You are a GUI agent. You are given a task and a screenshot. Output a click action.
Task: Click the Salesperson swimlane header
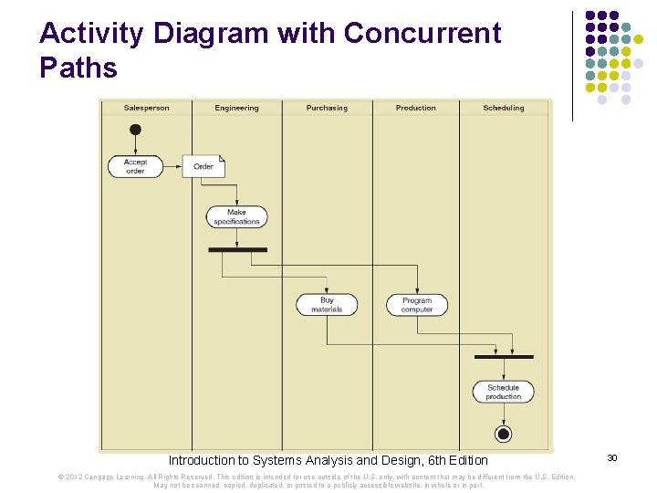pyautogui.click(x=146, y=108)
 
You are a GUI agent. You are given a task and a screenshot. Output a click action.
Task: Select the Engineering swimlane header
pyautogui.click(x=236, y=108)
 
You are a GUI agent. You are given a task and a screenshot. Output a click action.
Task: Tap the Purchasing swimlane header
pyautogui.click(x=327, y=108)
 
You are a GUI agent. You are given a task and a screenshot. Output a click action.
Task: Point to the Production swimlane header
pyautogui.click(x=416, y=108)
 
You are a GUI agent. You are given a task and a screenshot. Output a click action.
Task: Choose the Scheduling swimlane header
pyautogui.click(x=504, y=108)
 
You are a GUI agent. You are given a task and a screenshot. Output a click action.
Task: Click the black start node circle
pyautogui.click(x=135, y=130)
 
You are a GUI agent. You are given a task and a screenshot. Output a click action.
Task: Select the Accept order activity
pyautogui.click(x=135, y=166)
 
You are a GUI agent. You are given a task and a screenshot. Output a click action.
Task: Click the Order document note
pyautogui.click(x=203, y=166)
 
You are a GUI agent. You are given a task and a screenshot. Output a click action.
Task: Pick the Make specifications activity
pyautogui.click(x=236, y=216)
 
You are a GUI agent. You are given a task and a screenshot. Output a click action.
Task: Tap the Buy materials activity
pyautogui.click(x=327, y=304)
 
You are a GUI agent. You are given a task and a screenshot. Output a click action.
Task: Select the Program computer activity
pyautogui.click(x=417, y=304)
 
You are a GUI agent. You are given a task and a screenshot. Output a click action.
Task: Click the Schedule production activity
pyautogui.click(x=503, y=392)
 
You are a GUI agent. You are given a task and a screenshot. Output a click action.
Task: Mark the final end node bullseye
pyautogui.click(x=503, y=433)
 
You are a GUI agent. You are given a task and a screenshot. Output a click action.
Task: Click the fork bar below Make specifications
pyautogui.click(x=237, y=249)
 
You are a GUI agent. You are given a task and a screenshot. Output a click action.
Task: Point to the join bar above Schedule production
pyautogui.click(x=504, y=356)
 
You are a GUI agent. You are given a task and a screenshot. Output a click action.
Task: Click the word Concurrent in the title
pyautogui.click(x=422, y=34)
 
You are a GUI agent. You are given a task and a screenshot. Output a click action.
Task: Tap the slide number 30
pyautogui.click(x=612, y=457)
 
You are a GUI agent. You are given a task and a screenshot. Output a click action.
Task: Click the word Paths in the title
pyautogui.click(x=78, y=68)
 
